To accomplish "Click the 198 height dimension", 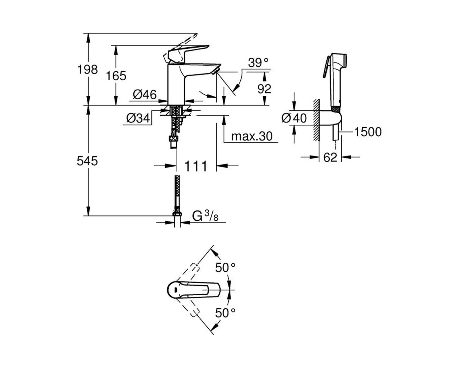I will [x=88, y=69].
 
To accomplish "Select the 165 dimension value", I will [x=116, y=76].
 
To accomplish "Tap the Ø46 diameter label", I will [x=145, y=95].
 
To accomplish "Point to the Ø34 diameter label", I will [x=138, y=118].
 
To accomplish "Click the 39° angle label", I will [x=259, y=63].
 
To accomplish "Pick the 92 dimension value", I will [x=264, y=89].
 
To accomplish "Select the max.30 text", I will [x=252, y=136].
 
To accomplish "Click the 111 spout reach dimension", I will [x=196, y=166].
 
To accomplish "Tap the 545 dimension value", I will [x=87, y=161].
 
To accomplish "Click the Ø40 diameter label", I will [x=294, y=118].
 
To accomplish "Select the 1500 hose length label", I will [x=368, y=132].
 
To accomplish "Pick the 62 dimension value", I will [x=330, y=157].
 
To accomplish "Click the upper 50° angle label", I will [x=225, y=267].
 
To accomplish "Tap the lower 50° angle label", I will [x=225, y=313].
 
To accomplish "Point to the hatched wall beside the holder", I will [x=316, y=120].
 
